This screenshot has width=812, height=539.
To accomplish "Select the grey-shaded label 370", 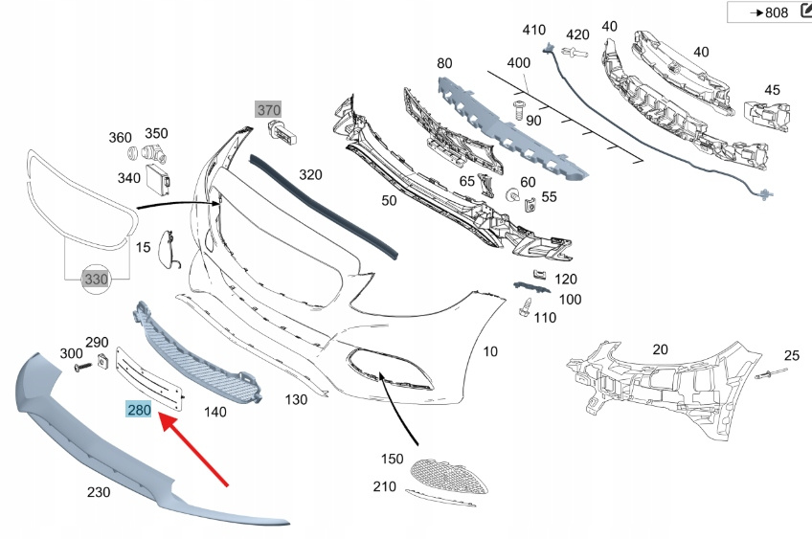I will pyautogui.click(x=268, y=110).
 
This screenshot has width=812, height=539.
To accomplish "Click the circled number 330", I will pyautogui.click(x=95, y=279).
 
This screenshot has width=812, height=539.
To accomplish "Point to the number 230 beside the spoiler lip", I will pyautogui.click(x=98, y=492).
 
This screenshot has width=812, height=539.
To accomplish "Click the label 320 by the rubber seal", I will pyautogui.click(x=310, y=175).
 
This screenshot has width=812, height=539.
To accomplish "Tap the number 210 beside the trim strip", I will pyautogui.click(x=385, y=487).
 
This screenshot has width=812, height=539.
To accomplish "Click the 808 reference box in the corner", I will pyautogui.click(x=769, y=12).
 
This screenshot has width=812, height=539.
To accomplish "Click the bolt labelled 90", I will pyautogui.click(x=517, y=109).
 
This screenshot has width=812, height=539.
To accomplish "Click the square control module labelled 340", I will pyautogui.click(x=156, y=176).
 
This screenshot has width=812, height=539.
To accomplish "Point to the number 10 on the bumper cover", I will pyautogui.click(x=490, y=352).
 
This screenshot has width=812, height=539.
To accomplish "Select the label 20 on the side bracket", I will pyautogui.click(x=661, y=350).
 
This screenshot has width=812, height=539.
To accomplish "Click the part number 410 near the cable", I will pyautogui.click(x=533, y=30).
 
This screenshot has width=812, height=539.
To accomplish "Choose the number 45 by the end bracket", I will pyautogui.click(x=772, y=91).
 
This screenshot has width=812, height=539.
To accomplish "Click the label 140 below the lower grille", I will pyautogui.click(x=215, y=412).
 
